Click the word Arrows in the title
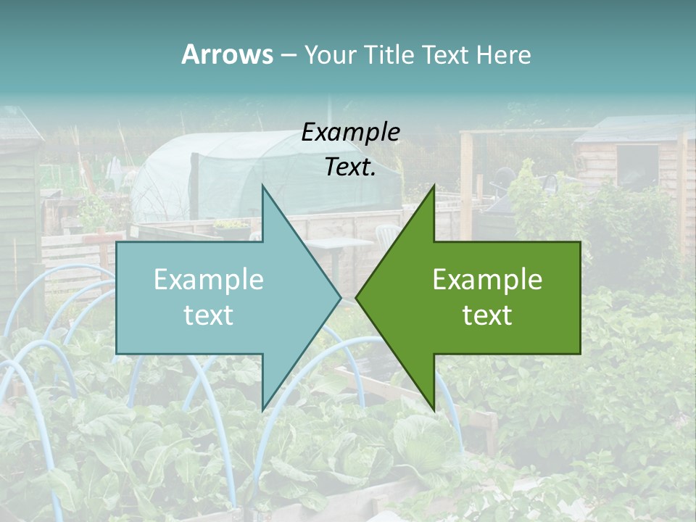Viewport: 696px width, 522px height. click(x=227, y=54)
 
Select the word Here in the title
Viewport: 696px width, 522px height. click(x=504, y=54)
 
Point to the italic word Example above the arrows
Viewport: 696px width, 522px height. click(x=351, y=132)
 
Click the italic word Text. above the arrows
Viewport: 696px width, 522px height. click(x=351, y=167)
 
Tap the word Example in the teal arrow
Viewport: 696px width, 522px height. click(x=209, y=280)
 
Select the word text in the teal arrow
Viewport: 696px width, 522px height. click(x=209, y=315)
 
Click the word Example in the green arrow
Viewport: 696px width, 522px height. click(x=487, y=280)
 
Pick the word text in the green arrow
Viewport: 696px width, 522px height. click(x=487, y=315)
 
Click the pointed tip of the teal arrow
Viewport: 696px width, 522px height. click(x=340, y=297)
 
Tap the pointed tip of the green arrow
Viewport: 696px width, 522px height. click(x=357, y=297)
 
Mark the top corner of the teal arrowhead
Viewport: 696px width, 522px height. click(x=262, y=186)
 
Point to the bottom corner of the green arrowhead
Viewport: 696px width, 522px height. click(x=434, y=410)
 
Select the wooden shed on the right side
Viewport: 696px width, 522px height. click(x=631, y=167)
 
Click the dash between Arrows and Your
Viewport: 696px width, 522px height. click(x=288, y=54)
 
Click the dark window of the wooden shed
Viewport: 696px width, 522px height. click(x=637, y=167)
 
